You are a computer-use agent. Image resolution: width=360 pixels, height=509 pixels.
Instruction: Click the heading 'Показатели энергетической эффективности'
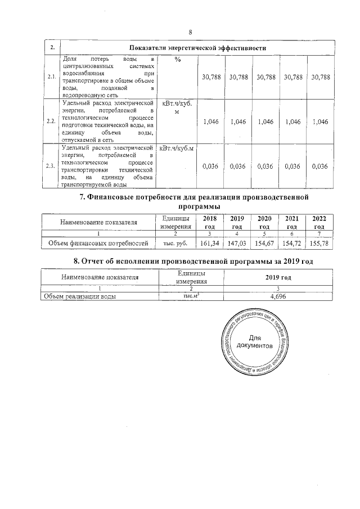[197, 48]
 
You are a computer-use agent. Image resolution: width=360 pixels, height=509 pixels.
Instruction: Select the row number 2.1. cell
[51, 76]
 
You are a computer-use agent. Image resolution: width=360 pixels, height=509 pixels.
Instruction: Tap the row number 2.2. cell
[51, 121]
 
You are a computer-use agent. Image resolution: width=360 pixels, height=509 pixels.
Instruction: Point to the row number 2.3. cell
[51, 165]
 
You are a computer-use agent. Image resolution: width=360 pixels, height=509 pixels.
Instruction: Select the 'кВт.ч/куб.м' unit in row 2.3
[178, 148]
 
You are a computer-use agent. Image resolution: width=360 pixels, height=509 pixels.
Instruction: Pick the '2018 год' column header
[209, 222]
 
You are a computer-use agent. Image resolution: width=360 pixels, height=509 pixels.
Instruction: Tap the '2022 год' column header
[319, 222]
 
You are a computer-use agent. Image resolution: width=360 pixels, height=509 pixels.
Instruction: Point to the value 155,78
[319, 244]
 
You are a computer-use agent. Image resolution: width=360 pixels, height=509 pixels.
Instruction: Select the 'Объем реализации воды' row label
[80, 297]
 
